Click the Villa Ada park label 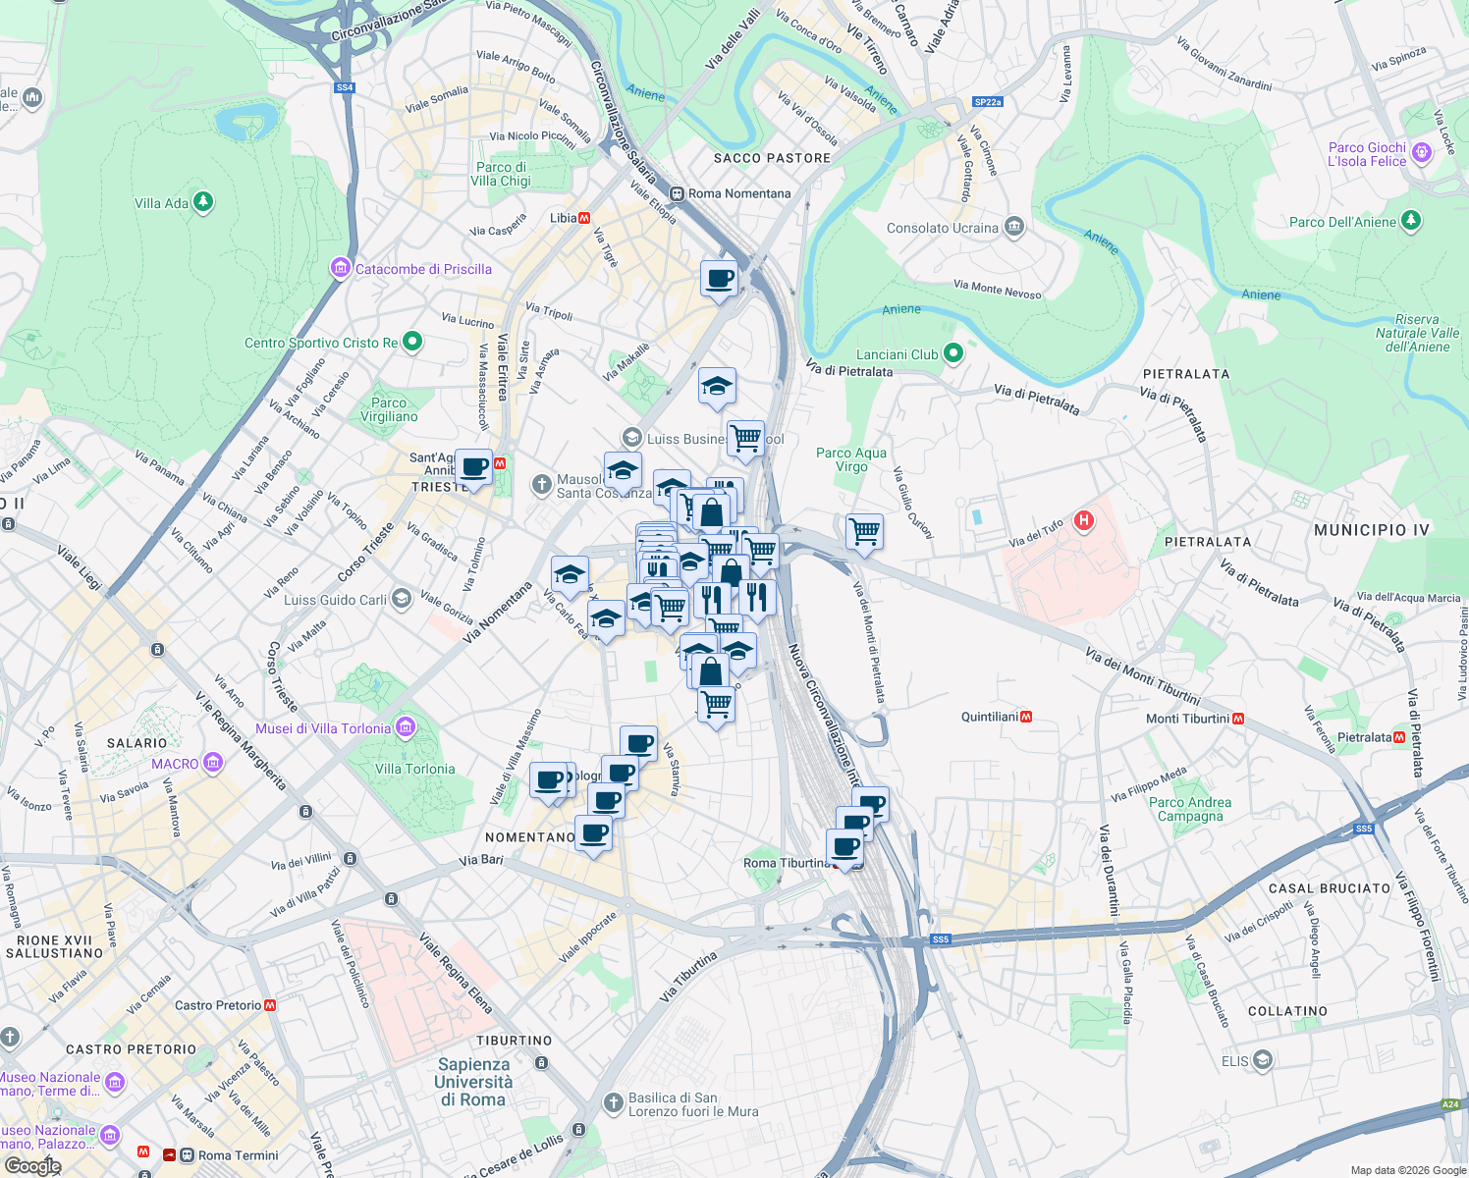pyautogui.click(x=162, y=203)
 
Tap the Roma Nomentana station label pyautogui.click(x=738, y=193)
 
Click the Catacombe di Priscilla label pyautogui.click(x=422, y=269)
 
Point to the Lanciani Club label pyautogui.click(x=898, y=354)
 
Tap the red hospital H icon pyautogui.click(x=1083, y=520)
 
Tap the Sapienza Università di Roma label pyautogui.click(x=473, y=1082)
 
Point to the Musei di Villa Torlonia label pyautogui.click(x=324, y=728)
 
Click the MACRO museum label pyautogui.click(x=176, y=764)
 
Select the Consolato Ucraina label pyautogui.click(x=943, y=228)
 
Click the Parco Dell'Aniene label pyautogui.click(x=1342, y=222)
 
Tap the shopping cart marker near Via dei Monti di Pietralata pyautogui.click(x=864, y=531)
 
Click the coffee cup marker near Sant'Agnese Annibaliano pyautogui.click(x=473, y=467)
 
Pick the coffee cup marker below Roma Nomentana pyautogui.click(x=719, y=278)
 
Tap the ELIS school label pyautogui.click(x=1235, y=1061)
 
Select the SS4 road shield pyautogui.click(x=344, y=87)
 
